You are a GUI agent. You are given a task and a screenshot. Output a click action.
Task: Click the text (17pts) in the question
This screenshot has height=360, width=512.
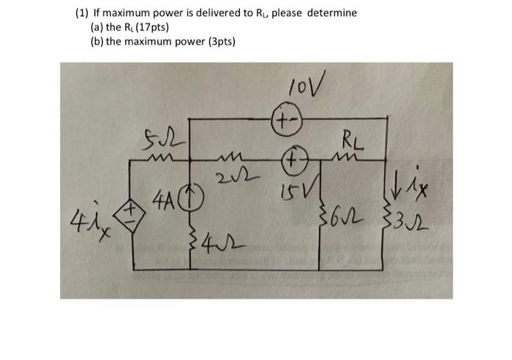pyautogui.click(x=150, y=27)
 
